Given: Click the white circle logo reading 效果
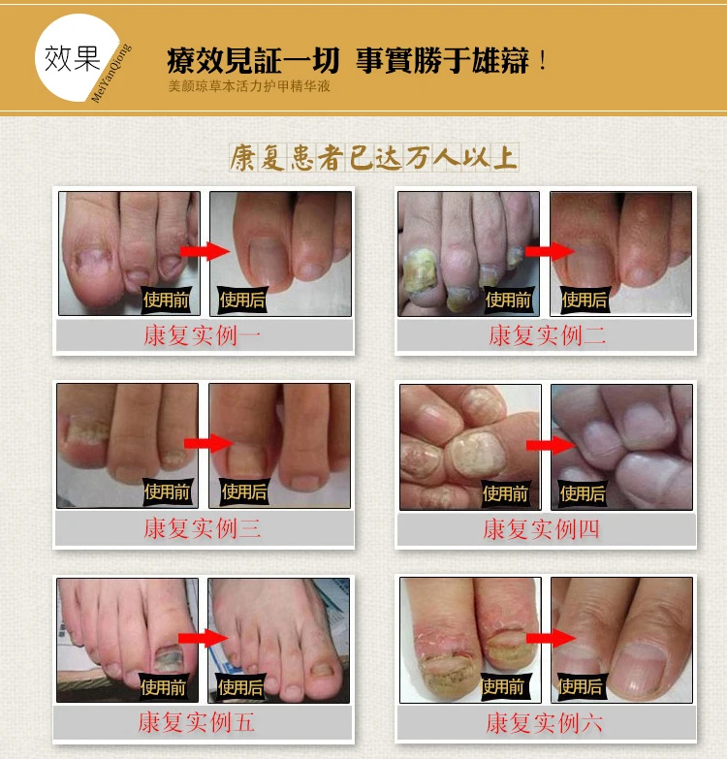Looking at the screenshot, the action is (x=77, y=57).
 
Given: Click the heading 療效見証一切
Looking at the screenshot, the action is (x=253, y=60).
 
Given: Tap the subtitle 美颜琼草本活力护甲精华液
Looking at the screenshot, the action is (x=249, y=86).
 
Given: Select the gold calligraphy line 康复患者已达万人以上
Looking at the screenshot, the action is (x=373, y=157).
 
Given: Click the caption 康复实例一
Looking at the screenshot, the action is (x=202, y=335).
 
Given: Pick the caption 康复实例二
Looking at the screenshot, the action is (x=547, y=335).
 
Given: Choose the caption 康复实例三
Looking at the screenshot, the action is (x=202, y=528).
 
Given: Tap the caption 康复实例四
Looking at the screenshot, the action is (x=541, y=529).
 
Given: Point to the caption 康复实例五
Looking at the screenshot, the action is (x=196, y=722).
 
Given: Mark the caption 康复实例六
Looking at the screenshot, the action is (x=544, y=723).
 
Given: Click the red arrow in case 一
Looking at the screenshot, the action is (x=205, y=251).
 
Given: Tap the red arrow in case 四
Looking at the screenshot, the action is (x=551, y=445).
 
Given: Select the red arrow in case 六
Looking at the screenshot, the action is (x=551, y=638).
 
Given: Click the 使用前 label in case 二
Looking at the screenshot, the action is (x=508, y=300).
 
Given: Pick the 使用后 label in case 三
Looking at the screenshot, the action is (x=244, y=491).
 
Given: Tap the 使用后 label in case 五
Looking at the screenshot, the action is (x=240, y=687).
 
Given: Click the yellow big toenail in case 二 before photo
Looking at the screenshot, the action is (x=420, y=270).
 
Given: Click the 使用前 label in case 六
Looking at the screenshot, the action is (x=503, y=686).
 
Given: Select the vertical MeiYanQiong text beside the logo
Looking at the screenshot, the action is (x=111, y=73).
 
